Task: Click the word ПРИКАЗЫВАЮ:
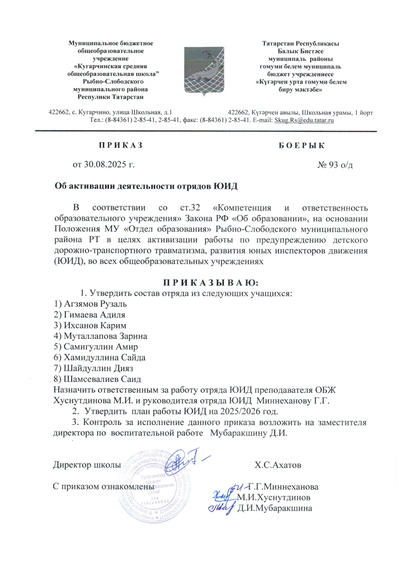(210, 283)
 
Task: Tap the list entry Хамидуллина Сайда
(100, 358)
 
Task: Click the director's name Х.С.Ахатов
(278, 466)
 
